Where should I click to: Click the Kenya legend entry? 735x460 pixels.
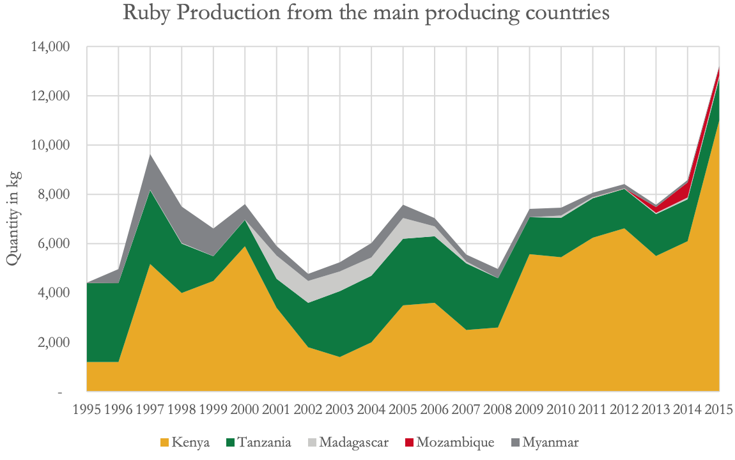190,442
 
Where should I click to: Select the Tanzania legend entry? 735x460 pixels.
265,442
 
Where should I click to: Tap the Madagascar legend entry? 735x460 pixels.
353,442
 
